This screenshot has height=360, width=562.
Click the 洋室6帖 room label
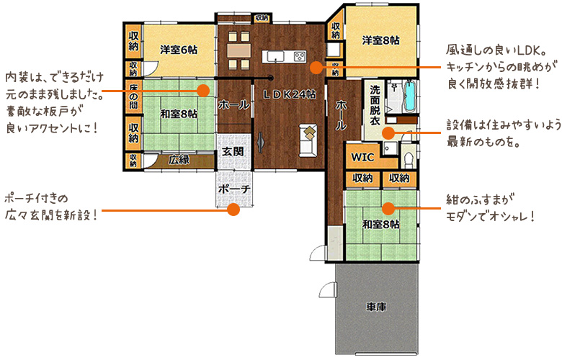tap(179, 50)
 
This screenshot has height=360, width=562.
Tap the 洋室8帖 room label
tap(380, 40)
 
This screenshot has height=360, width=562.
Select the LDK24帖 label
tap(290, 94)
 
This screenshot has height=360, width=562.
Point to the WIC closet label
tap(362, 157)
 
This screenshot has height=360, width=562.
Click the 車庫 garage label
tap(376, 307)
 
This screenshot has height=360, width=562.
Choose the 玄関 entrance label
tap(233, 151)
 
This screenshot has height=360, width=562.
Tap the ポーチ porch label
tap(234, 189)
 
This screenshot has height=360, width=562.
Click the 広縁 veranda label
tap(179, 159)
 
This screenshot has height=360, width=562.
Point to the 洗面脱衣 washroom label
tap(375, 105)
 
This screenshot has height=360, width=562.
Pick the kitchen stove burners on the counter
tap(300, 56)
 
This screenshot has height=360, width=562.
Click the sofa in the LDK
tap(308, 140)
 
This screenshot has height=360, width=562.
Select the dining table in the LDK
tap(238, 50)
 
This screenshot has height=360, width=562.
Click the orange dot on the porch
tap(233, 210)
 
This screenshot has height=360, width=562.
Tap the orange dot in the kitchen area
tap(316, 68)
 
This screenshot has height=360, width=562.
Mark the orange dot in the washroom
tap(388, 133)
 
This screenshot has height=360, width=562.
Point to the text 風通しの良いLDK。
tap(496, 50)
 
